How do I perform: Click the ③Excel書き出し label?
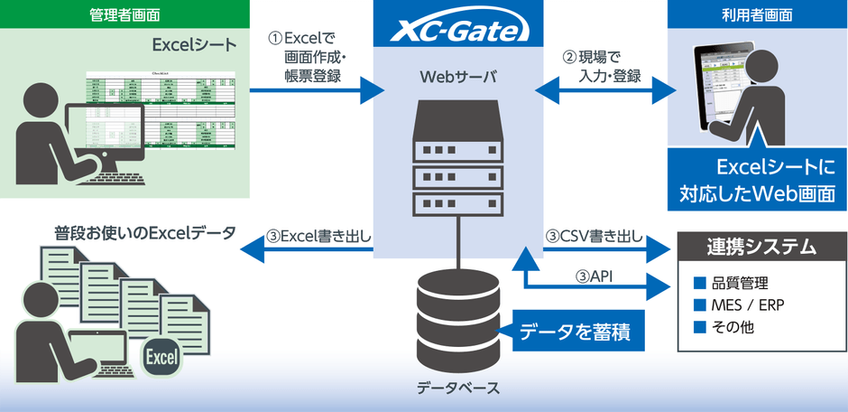tap(319, 237)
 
